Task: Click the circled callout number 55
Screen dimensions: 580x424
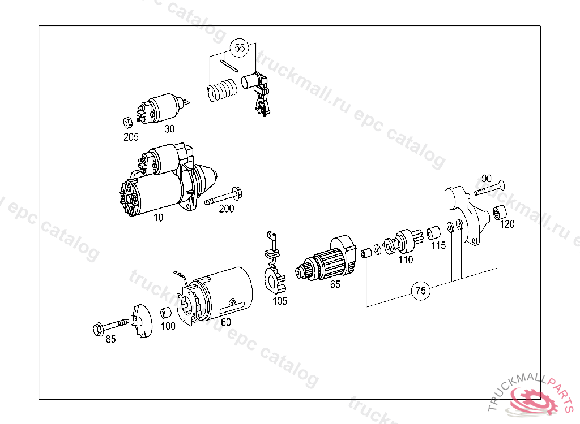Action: pos(240,48)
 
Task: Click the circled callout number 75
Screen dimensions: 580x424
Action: pos(420,291)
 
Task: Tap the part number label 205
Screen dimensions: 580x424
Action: pos(131,136)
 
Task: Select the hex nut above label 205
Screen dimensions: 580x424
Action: pos(128,122)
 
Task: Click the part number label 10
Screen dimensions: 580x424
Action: pos(158,217)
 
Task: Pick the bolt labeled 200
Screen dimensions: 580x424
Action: pos(224,197)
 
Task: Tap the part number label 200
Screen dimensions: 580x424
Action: pos(226,209)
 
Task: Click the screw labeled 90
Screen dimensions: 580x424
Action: pos(489,188)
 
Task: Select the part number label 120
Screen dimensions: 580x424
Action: pos(507,224)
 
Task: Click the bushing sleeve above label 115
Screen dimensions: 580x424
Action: pos(434,232)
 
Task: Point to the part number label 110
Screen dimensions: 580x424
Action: pos(406,260)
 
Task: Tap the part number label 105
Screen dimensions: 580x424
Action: pos(280,301)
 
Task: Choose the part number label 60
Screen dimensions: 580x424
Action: pos(225,322)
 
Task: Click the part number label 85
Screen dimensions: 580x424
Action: pos(110,339)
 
